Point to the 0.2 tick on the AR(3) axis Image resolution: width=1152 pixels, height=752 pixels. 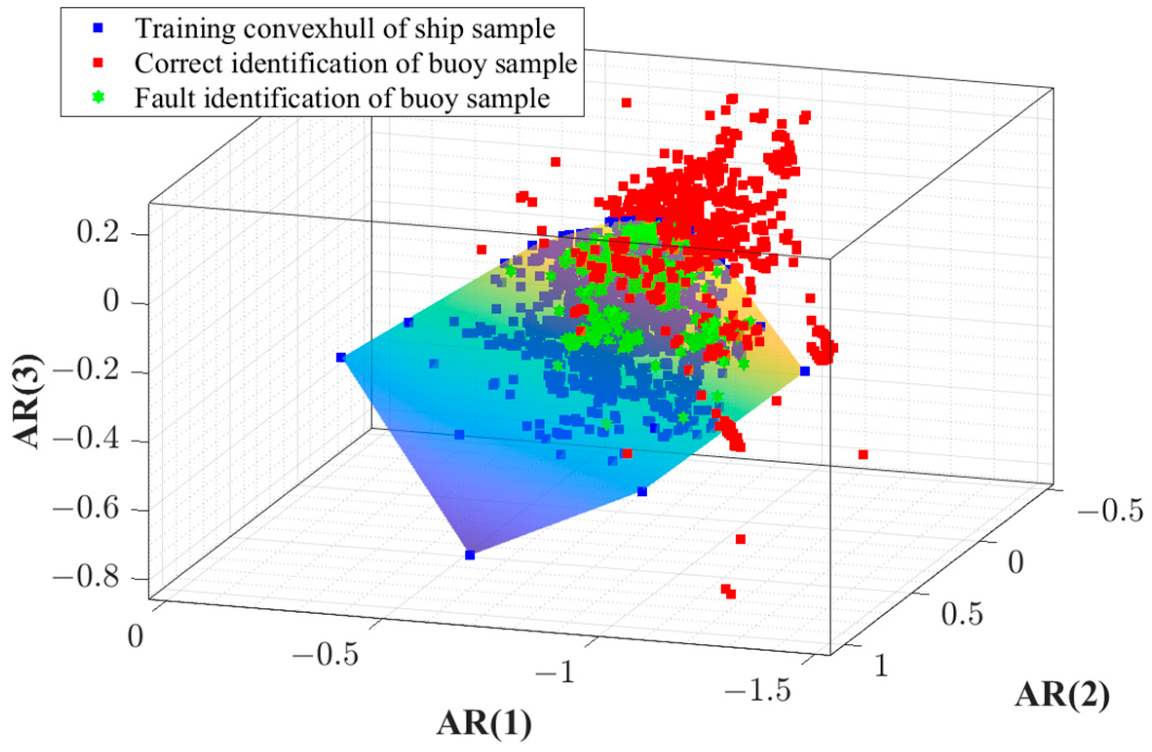point(97,233)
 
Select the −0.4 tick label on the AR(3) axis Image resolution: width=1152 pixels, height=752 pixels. point(86,440)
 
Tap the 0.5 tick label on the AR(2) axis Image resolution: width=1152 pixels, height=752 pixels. point(962,613)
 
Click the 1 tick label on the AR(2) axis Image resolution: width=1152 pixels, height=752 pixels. point(882,665)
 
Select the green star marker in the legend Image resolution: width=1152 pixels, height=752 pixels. point(98,97)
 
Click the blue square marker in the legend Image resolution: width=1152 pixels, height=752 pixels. point(98,28)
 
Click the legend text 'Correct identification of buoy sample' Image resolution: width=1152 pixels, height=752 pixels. point(356,63)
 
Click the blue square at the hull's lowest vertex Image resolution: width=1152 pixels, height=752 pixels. point(470,555)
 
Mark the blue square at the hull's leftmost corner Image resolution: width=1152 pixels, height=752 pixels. point(340,357)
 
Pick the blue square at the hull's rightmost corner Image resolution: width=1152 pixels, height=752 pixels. point(805,371)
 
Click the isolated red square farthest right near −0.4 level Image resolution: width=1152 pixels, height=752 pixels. point(863,454)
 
